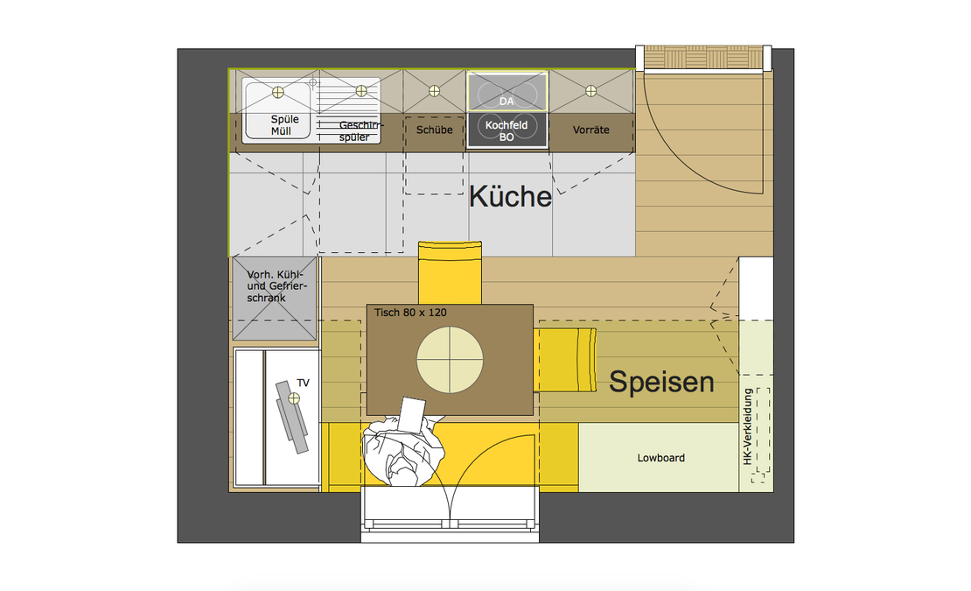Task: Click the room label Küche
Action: (x=510, y=196)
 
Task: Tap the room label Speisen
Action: (x=661, y=382)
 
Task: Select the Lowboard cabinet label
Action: (x=660, y=458)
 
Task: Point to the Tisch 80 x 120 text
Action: (x=410, y=313)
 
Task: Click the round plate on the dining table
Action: (x=450, y=359)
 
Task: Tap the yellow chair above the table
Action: (x=450, y=273)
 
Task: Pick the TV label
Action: (x=304, y=383)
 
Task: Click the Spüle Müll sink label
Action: (x=282, y=125)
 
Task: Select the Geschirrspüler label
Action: (x=360, y=130)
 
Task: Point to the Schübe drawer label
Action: (x=435, y=130)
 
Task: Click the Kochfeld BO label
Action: (x=506, y=131)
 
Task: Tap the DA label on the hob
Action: (x=506, y=102)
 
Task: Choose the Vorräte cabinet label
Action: (x=591, y=130)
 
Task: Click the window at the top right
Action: (x=703, y=59)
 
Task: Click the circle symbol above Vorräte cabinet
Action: (x=590, y=90)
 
